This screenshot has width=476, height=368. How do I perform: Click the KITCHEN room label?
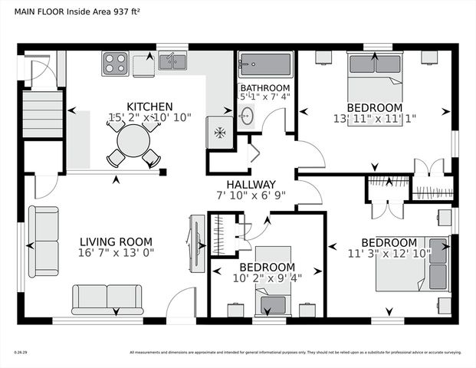pos(149,106)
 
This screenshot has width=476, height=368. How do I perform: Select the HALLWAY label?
pos(251,184)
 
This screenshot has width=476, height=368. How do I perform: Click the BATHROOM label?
pos(264,88)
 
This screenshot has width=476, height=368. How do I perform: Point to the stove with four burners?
pos(116,61)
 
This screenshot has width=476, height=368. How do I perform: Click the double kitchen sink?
pos(172,61)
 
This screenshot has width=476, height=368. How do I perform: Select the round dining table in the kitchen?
pos(133,141)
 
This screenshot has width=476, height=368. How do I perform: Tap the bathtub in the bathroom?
pos(264,64)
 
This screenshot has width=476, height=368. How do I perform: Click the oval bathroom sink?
pos(246,116)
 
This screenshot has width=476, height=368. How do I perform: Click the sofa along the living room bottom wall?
pos(107,299)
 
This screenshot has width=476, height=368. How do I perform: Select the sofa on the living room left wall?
pos(44,242)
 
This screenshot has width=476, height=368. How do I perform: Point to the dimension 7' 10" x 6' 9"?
pos(251,196)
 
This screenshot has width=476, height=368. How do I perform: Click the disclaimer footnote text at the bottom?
pos(295,353)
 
